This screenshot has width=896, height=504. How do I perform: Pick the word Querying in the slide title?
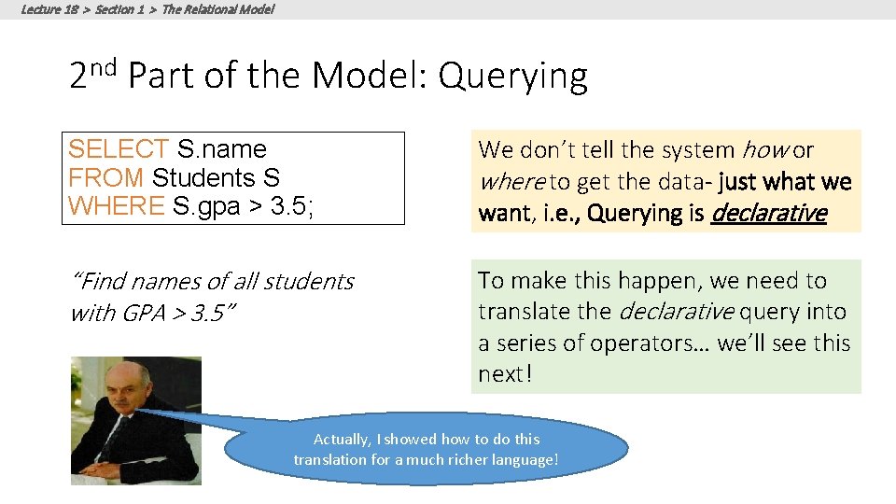pyautogui.click(x=512, y=77)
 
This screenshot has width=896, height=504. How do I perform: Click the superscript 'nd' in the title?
pyautogui.click(x=104, y=65)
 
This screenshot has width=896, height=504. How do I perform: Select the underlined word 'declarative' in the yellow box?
pyautogui.click(x=768, y=214)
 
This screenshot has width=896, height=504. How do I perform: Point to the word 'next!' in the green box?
pyautogui.click(x=504, y=374)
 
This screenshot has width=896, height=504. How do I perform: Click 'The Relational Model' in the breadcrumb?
pyautogui.click(x=217, y=9)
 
